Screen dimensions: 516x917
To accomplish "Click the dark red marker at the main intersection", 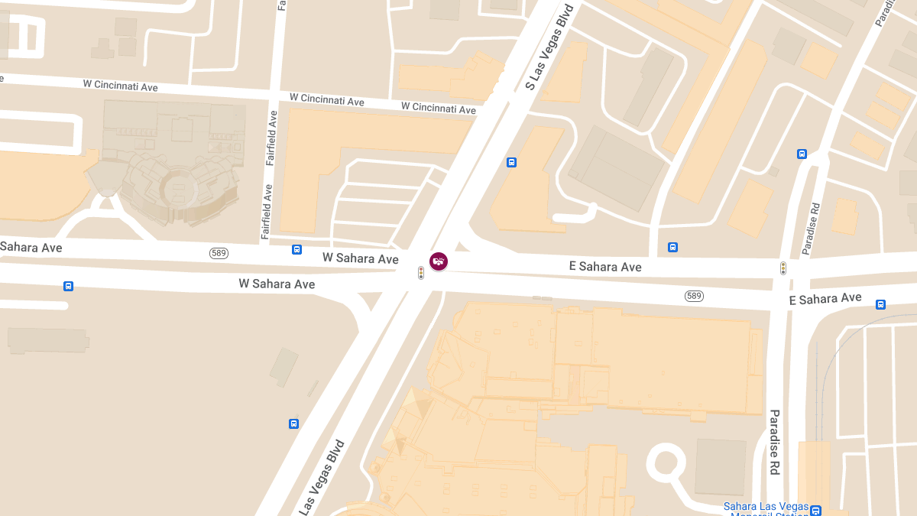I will click(439, 261).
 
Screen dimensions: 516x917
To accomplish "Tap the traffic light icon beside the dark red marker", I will click(420, 272).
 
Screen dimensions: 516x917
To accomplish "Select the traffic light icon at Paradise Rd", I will click(783, 268).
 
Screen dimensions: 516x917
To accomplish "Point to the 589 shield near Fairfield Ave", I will click(219, 253).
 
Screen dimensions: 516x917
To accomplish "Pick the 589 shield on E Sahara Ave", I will click(694, 296).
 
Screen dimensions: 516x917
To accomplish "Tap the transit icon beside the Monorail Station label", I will click(815, 511).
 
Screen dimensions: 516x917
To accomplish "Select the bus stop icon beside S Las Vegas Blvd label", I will click(511, 162).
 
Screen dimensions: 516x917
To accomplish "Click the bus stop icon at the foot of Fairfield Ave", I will click(296, 249).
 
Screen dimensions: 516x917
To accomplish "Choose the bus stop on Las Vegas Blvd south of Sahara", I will click(293, 424).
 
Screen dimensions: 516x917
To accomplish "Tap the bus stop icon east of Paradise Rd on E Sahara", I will click(880, 304).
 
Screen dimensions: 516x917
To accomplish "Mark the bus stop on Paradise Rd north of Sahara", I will click(802, 154).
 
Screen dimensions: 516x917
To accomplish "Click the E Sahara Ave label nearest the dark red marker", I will click(605, 266).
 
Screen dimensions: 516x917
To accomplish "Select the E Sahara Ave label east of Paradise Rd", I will click(825, 299).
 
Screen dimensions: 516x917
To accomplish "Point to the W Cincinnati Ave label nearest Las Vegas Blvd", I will click(439, 107).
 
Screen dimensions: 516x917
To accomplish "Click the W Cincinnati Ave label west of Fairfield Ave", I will click(120, 86).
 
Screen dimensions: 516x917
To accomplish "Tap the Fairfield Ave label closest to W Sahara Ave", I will click(267, 212).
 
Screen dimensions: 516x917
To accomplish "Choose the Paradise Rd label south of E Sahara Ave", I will click(774, 442).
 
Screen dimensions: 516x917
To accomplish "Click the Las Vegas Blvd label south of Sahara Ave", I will click(321, 477).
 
